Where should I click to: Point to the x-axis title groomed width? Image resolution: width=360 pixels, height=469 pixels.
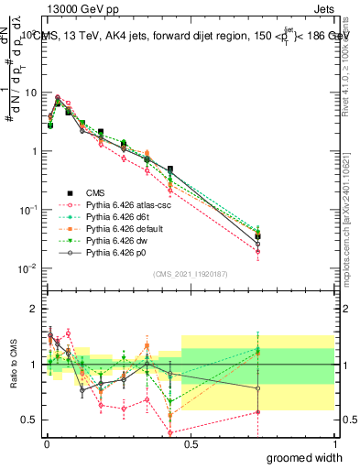[x=305, y=457]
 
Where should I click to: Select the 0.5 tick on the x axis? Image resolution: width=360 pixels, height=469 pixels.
[x=190, y=442]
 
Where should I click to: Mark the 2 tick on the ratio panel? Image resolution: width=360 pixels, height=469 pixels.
[x=33, y=309]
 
